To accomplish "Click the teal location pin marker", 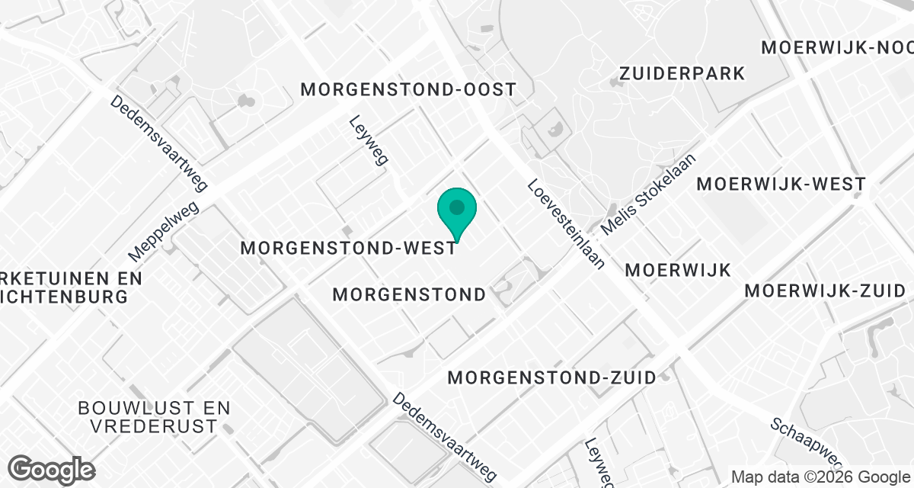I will click(457, 213).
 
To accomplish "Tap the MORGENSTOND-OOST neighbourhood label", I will click(408, 89).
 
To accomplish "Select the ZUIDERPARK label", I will click(682, 74).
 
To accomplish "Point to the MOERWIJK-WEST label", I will click(781, 184).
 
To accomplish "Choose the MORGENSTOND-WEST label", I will click(349, 249).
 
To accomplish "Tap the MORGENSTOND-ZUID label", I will click(552, 377).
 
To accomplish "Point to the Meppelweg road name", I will click(164, 230).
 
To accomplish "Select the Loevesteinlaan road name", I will click(565, 224).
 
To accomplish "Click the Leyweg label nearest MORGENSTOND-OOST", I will click(369, 140).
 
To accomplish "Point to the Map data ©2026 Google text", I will click(820, 477).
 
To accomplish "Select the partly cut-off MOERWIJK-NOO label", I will click(837, 47).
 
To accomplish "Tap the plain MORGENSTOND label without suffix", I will click(409, 294).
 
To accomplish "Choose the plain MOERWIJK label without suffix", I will click(677, 270).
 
